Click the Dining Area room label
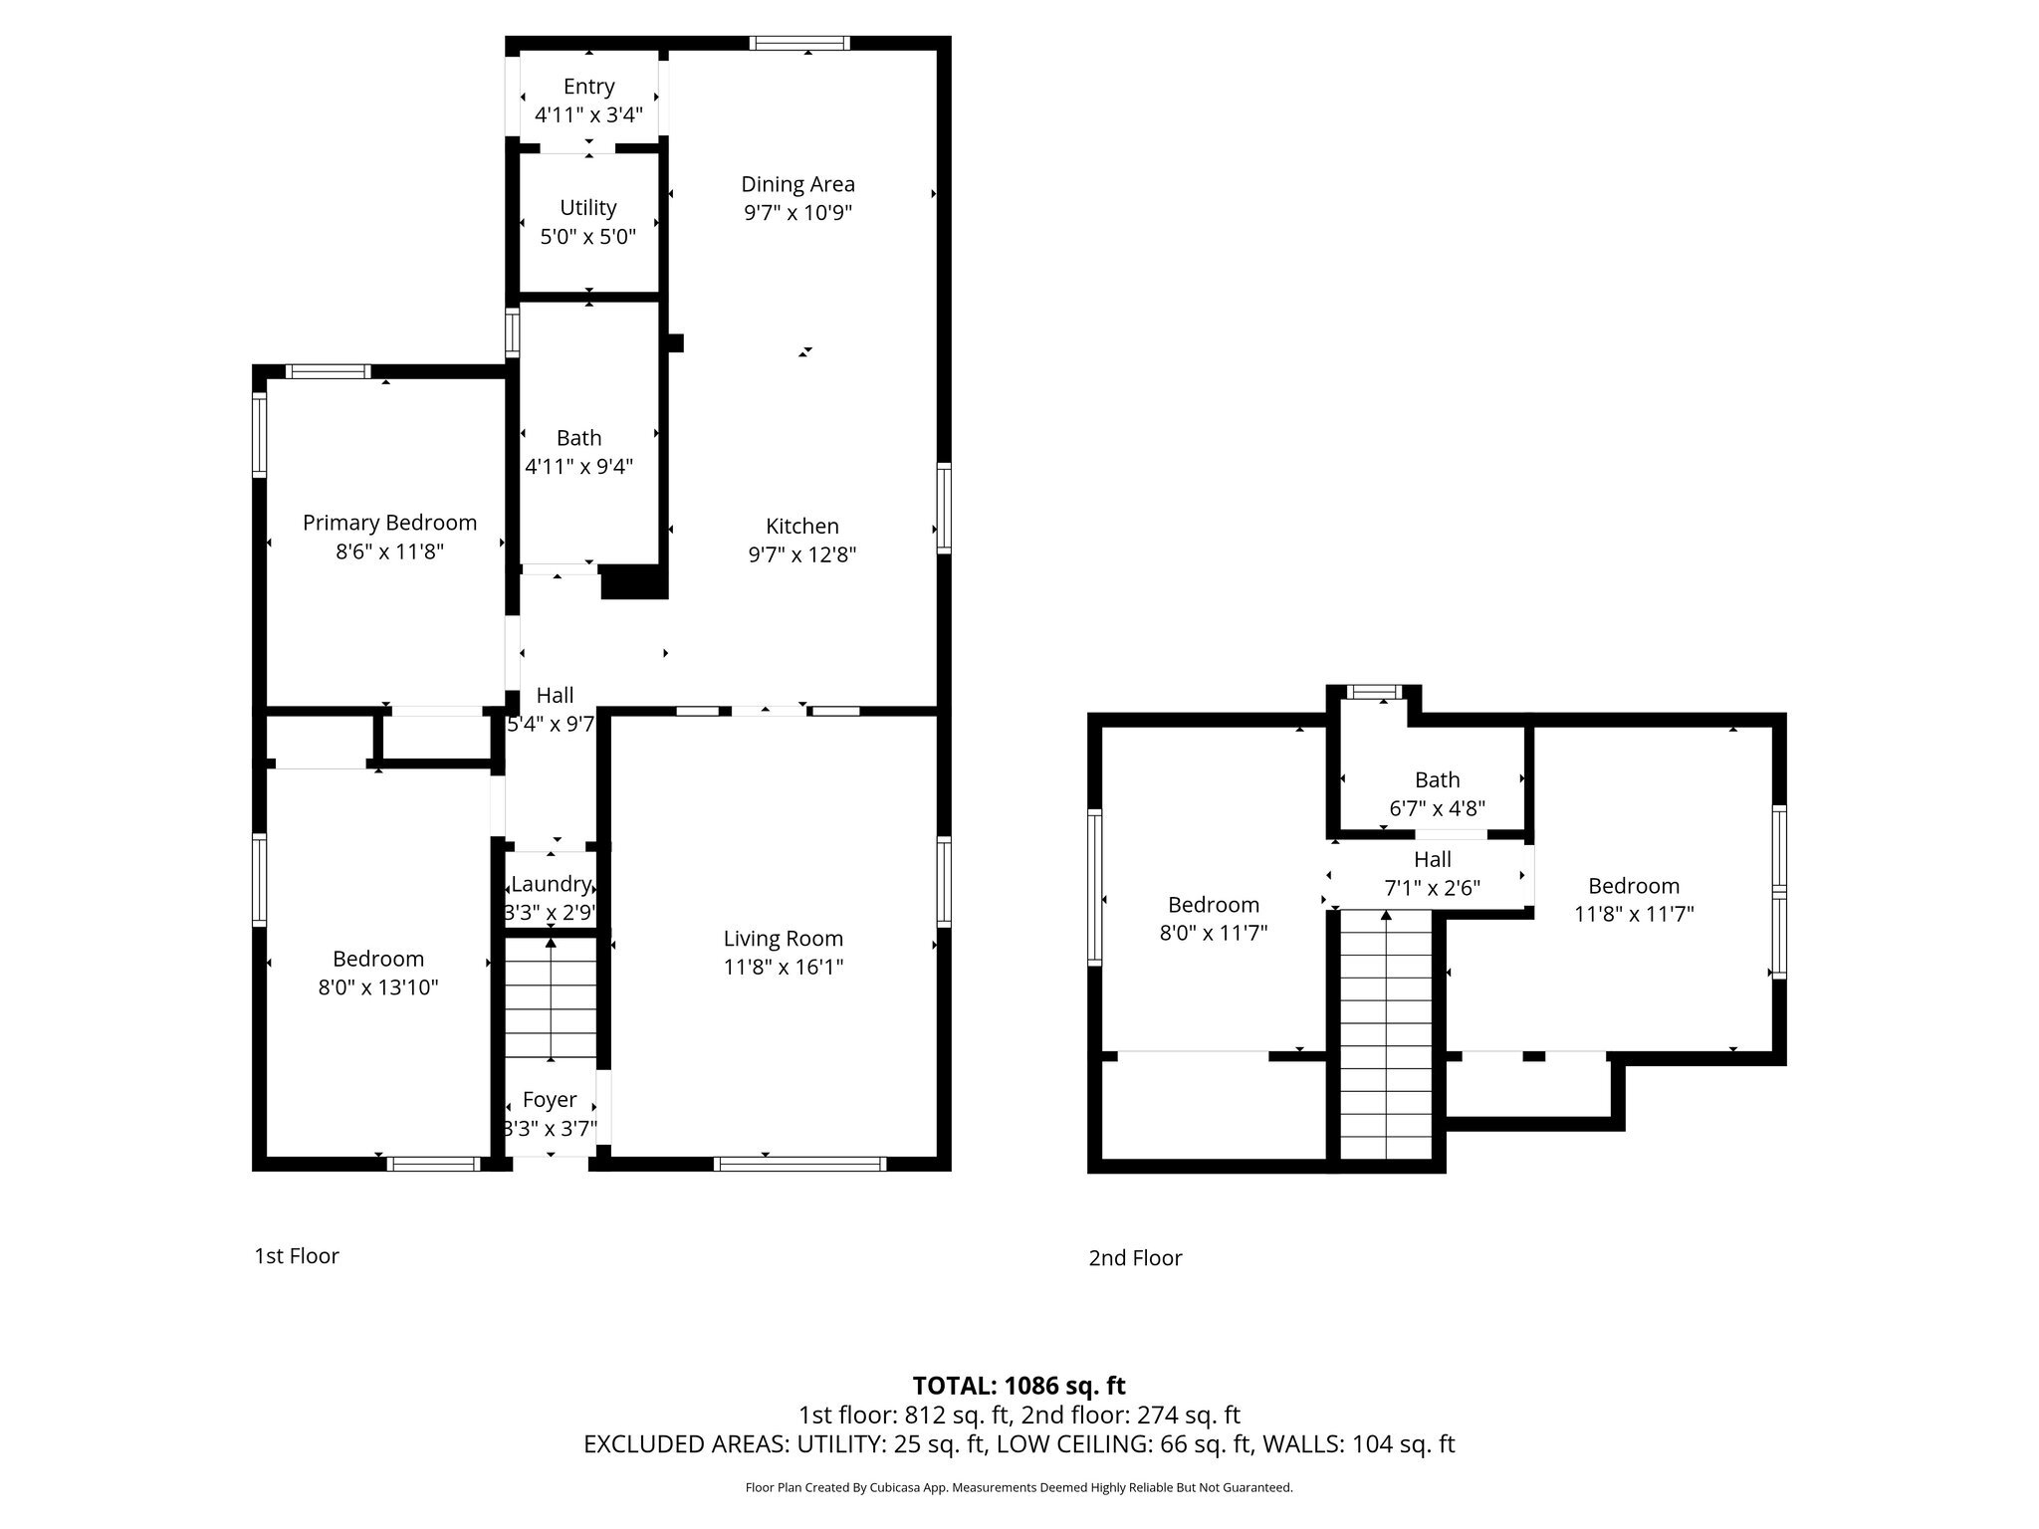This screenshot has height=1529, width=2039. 797,184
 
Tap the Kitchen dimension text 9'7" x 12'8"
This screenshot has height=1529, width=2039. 802,554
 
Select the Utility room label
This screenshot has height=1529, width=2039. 587,208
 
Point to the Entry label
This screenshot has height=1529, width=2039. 588,87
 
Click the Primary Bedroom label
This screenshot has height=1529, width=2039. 389,523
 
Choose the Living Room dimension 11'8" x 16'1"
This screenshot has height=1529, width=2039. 784,967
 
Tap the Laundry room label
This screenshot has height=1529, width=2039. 551,884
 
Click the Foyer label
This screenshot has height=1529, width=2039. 550,1100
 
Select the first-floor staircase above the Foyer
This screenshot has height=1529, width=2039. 551,997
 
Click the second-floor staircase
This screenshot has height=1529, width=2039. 1386,1034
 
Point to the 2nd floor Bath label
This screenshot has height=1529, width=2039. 1437,780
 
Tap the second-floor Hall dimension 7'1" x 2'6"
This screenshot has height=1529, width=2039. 1432,888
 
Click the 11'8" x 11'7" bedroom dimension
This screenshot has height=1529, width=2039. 1634,914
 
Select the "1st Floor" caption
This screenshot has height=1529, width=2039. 297,1256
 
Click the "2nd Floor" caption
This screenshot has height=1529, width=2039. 1135,1258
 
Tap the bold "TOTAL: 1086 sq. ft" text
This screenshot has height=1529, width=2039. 1019,1386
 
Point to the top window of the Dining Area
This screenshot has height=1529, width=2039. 799,43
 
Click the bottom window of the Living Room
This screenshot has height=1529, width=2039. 800,1164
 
